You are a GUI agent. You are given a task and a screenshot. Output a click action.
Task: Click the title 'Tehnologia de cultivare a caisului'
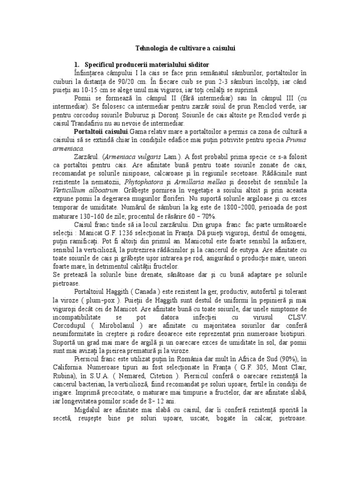click(185, 48)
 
